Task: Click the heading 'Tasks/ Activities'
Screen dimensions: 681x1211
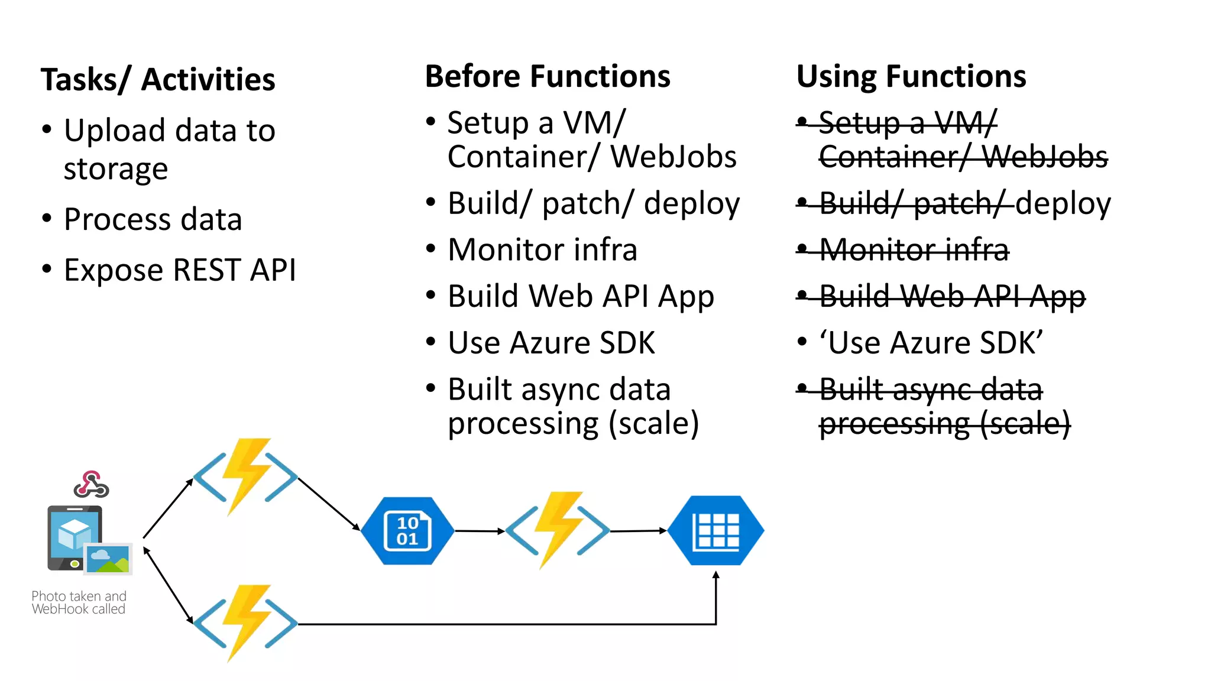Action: (158, 80)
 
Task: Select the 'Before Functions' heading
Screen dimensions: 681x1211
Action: (548, 77)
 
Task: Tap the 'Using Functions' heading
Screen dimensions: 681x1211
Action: (911, 77)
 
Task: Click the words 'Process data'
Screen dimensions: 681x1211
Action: (153, 219)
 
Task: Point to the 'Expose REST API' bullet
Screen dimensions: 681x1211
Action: (179, 270)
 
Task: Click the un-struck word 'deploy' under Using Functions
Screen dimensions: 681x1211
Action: (1063, 204)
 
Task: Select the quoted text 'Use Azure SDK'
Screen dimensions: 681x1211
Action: (931, 343)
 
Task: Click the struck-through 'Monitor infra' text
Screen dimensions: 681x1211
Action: (914, 250)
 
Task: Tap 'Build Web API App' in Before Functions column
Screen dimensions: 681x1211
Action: (581, 296)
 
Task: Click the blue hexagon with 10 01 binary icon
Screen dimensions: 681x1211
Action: (407, 531)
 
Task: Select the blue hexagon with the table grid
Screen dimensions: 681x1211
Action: (716, 530)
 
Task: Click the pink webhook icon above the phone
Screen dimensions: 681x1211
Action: (91, 484)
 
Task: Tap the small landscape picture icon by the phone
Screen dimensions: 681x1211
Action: (108, 559)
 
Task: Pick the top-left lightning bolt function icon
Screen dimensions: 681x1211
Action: (246, 476)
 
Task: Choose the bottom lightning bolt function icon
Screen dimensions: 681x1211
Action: (246, 623)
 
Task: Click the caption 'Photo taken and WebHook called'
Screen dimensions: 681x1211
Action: (79, 602)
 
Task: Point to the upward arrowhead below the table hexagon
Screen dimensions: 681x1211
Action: (716, 575)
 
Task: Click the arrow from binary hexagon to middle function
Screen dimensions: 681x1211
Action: (479, 531)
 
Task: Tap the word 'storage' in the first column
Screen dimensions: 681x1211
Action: (116, 170)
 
